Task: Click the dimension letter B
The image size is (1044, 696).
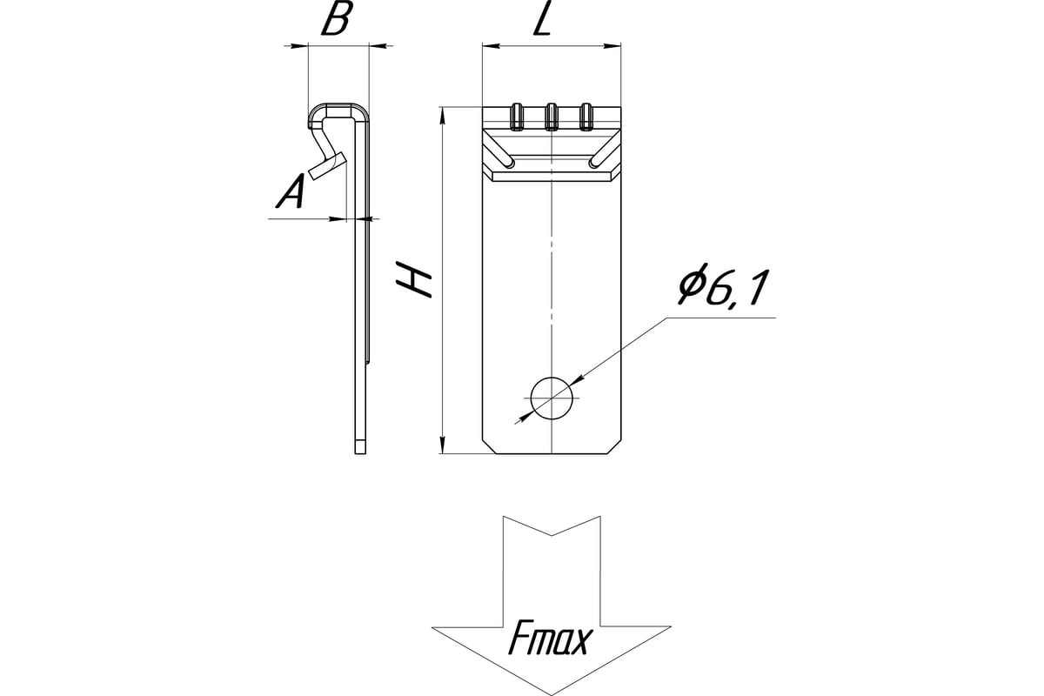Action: [x=336, y=21]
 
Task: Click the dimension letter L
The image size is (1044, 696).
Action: [x=541, y=21]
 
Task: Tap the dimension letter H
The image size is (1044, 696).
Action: [x=417, y=280]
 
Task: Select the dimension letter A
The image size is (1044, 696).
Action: [x=290, y=192]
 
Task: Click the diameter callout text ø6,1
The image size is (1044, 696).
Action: [x=725, y=290]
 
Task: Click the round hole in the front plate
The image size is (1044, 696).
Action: [x=552, y=399]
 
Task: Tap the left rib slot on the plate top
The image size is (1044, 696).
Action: [x=517, y=117]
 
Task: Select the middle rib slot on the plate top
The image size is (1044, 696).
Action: [x=552, y=117]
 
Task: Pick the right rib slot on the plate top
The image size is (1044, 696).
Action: [x=586, y=117]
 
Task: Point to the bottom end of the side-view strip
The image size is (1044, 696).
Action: [x=361, y=447]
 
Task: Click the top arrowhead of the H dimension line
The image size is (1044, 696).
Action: [x=443, y=113]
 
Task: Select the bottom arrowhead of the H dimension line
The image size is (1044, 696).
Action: [x=443, y=447]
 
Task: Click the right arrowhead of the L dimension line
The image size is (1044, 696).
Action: [x=617, y=45]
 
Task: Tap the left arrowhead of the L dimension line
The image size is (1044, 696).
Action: [x=488, y=45]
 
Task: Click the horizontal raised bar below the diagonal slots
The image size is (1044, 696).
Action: [x=552, y=175]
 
